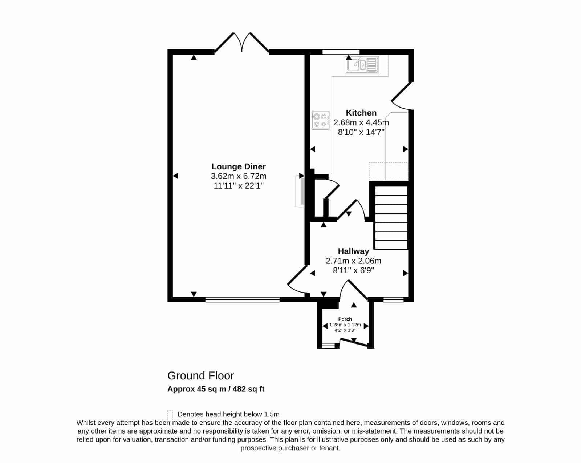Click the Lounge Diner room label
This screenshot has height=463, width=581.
point(239,166)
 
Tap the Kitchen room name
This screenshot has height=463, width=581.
point(361,113)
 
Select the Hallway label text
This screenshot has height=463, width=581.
point(353,251)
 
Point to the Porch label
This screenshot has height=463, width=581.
point(345,319)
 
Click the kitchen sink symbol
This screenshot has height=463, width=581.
point(362,65)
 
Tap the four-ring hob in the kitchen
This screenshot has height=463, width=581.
point(321,120)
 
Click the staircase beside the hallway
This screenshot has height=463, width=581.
point(391,218)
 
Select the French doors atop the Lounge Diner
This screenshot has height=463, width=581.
point(242,43)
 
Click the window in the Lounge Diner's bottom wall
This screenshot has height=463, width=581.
point(243,299)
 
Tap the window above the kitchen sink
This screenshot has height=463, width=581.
point(341,52)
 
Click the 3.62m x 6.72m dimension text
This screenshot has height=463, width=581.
point(239,176)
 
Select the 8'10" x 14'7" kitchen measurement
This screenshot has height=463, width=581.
point(361,132)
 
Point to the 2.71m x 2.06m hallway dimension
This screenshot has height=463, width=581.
point(353,261)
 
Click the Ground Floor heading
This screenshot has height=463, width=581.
point(200,376)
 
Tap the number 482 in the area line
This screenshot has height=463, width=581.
point(239,389)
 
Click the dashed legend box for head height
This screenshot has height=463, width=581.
point(170,415)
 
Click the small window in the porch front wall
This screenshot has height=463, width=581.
point(329,345)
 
